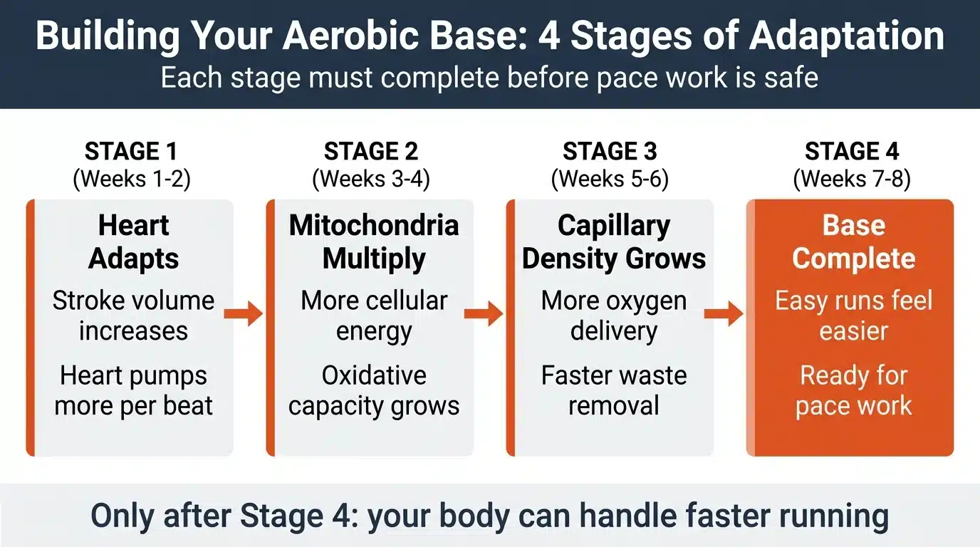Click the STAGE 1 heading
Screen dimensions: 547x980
[131, 152]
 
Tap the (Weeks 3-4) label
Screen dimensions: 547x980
[370, 179]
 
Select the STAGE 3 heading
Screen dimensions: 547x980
[610, 152]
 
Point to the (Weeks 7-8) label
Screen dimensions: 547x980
[852, 179]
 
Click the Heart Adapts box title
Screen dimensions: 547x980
[133, 241]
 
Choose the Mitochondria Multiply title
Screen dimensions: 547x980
[374, 241]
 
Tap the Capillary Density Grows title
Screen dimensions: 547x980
[614, 241]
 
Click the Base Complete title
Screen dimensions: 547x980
[853, 241]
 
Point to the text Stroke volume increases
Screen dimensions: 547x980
[133, 316]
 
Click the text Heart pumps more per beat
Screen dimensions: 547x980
[133, 390]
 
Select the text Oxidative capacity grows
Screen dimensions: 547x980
[374, 390]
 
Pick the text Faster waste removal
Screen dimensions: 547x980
[614, 390]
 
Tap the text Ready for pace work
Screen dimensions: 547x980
[853, 390]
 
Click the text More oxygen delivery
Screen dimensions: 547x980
[614, 316]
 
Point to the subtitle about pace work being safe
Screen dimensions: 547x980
[489, 77]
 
